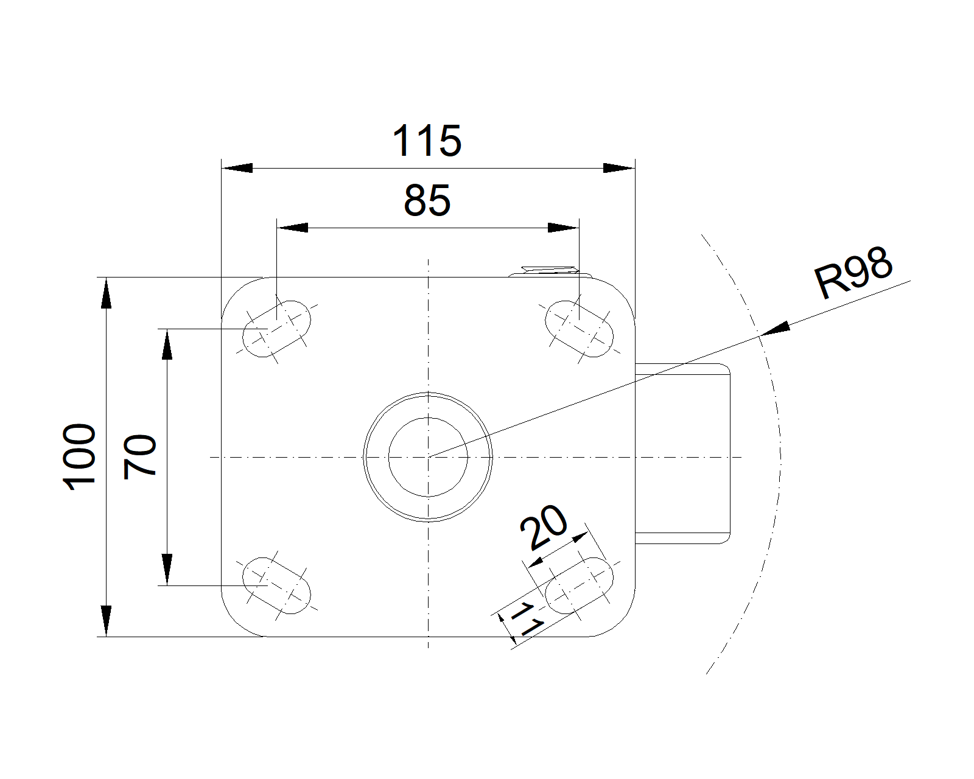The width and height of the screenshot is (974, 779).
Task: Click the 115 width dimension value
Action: [x=427, y=141]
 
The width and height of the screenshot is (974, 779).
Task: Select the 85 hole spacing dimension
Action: [x=427, y=200]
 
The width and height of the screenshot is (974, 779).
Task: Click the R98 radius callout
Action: [x=853, y=273]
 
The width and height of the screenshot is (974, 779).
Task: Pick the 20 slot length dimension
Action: [x=544, y=527]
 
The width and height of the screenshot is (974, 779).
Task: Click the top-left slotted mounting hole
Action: [x=276, y=329]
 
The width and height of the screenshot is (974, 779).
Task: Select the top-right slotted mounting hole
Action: [x=579, y=329]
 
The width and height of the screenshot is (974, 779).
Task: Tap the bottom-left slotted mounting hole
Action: [x=276, y=585]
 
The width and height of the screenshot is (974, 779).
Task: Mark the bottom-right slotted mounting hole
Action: [x=579, y=585]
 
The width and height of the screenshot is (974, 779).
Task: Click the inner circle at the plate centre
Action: [x=428, y=417]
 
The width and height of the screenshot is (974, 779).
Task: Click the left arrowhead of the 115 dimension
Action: [x=237, y=169]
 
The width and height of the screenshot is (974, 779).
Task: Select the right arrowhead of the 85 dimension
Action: [x=564, y=228]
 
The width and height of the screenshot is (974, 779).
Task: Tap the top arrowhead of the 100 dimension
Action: [x=106, y=293]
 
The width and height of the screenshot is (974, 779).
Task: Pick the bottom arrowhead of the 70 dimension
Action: [x=167, y=570]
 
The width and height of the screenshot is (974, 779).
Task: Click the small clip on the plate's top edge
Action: [x=550, y=271]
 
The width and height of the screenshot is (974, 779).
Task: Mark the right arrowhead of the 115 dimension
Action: [x=619, y=169]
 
